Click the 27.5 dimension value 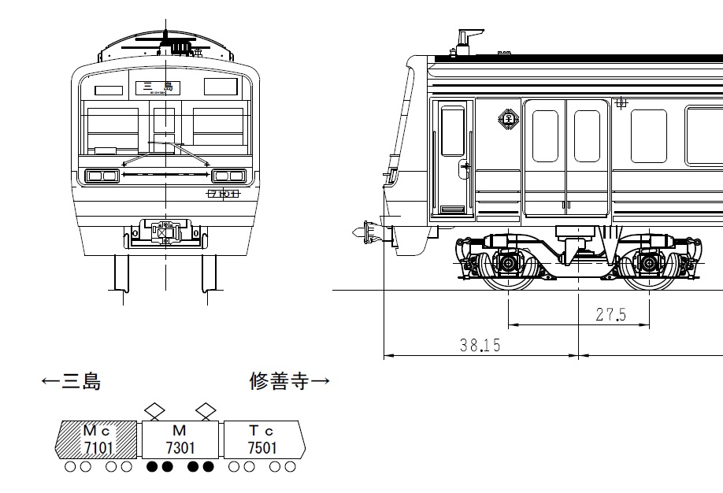coord(610,315)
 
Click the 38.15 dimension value coord(480,345)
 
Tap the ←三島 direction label coord(71,382)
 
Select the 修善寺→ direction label coord(288,382)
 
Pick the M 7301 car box coord(180,439)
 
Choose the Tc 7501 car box coord(262,439)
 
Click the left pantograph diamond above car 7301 coord(154,410)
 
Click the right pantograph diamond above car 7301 coord(206,410)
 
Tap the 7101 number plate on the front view coord(223,193)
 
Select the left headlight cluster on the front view coord(102,175)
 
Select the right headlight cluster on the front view coord(228,175)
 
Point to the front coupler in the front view coord(164,232)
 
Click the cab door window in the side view coord(452,132)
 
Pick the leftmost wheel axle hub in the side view coord(510,261)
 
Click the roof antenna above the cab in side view coord(465,39)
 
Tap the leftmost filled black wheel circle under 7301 coord(153,467)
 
